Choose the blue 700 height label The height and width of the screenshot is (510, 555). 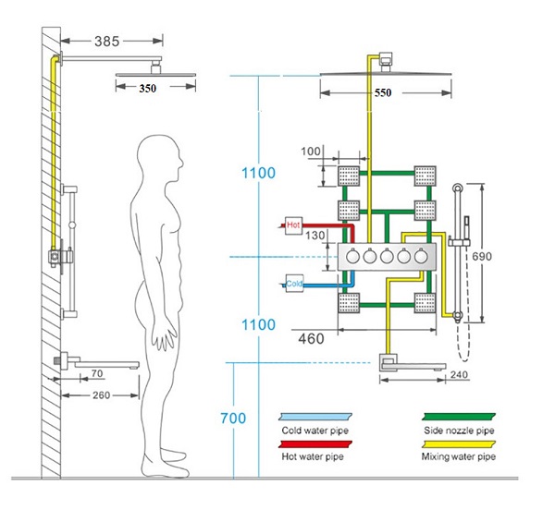(234, 419)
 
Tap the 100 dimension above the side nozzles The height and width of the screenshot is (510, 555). (313, 151)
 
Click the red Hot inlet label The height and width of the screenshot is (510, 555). (293, 225)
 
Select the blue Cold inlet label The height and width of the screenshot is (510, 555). (294, 284)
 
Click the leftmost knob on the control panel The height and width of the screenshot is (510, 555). (354, 259)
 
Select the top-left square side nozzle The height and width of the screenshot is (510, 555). (349, 174)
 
